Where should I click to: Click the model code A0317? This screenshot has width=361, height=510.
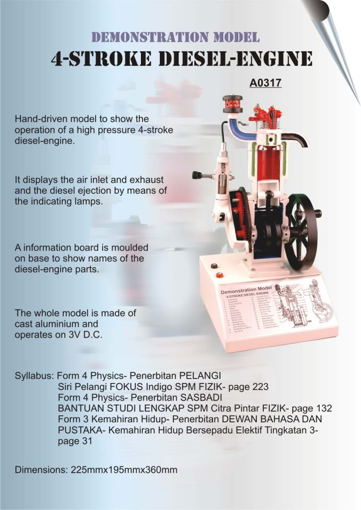[265, 82]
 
